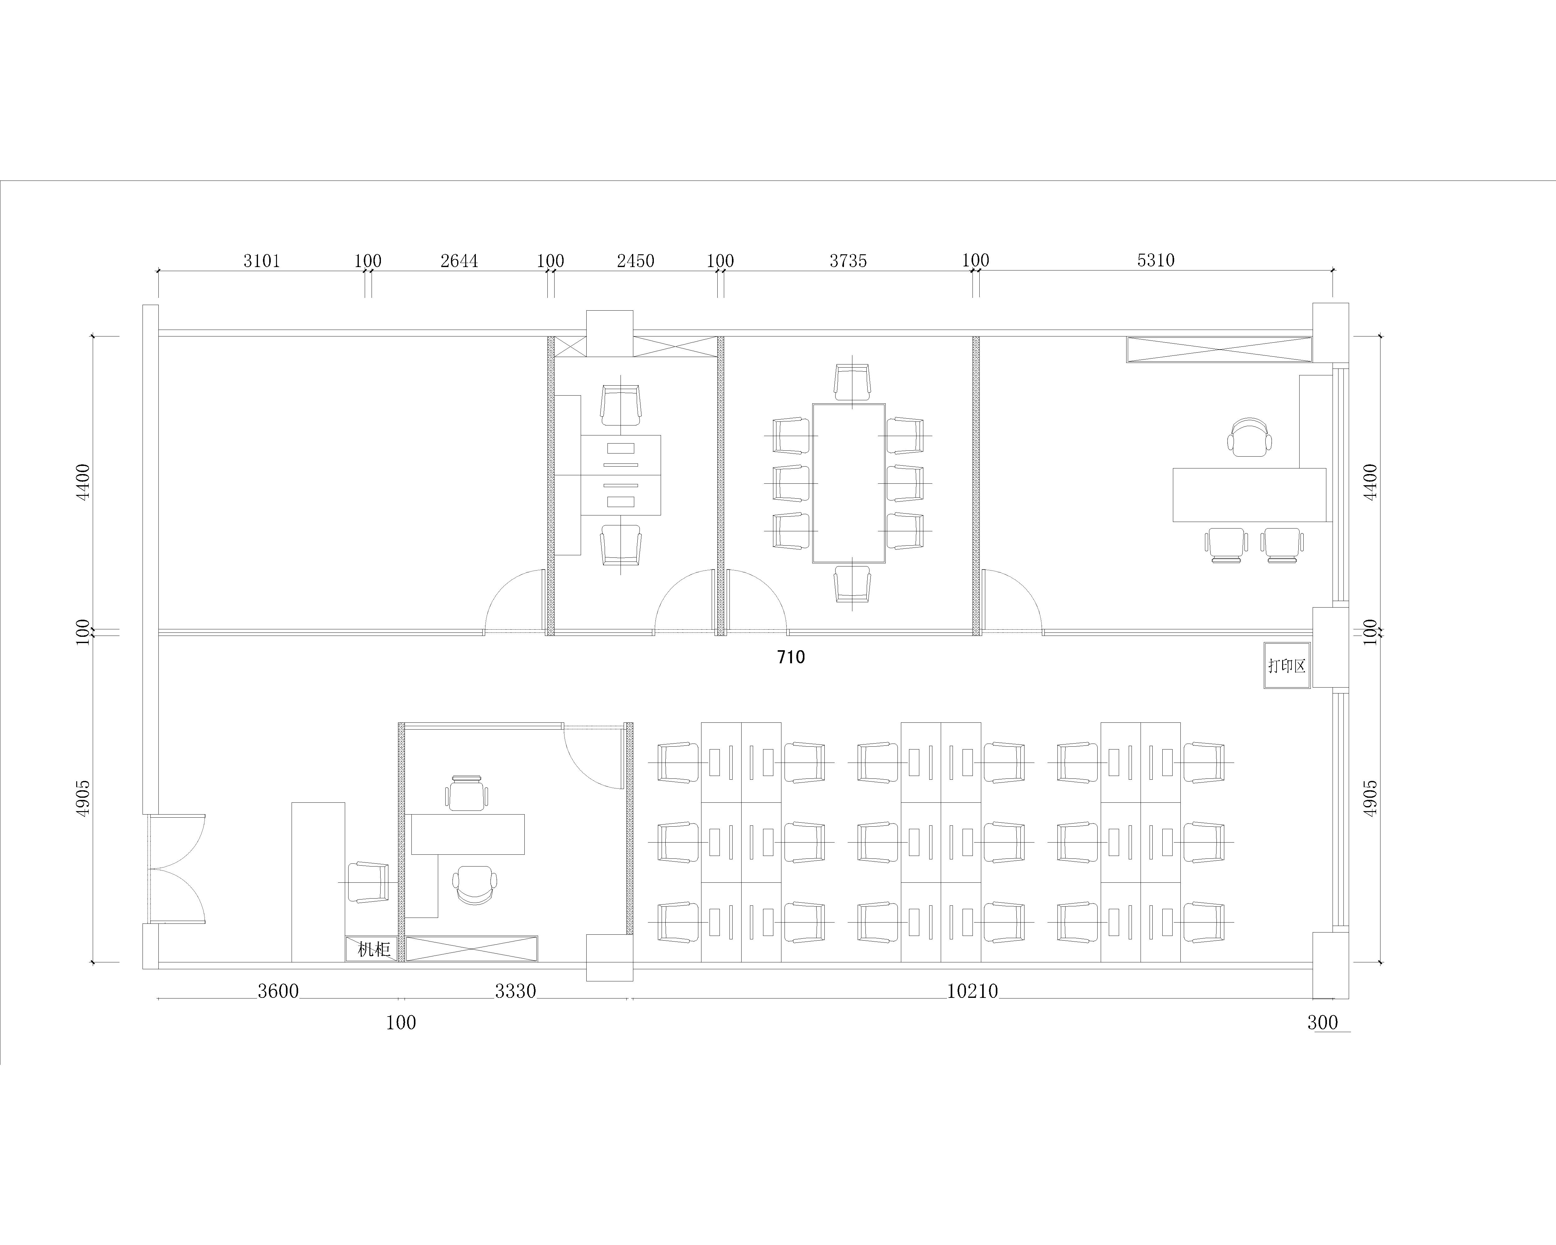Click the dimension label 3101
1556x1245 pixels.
pyautogui.click(x=261, y=261)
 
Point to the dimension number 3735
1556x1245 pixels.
pyautogui.click(x=848, y=261)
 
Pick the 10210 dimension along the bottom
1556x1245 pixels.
pyautogui.click(x=972, y=991)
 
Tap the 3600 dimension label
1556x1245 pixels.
pyautogui.click(x=278, y=991)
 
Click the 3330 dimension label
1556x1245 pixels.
pyautogui.click(x=515, y=991)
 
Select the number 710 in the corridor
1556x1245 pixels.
pyautogui.click(x=791, y=657)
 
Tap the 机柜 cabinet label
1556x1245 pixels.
pyautogui.click(x=374, y=949)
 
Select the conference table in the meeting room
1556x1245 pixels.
pyautogui.click(x=849, y=483)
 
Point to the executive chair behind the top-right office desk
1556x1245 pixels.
pyautogui.click(x=1249, y=437)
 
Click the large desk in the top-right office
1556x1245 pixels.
pyautogui.click(x=1249, y=494)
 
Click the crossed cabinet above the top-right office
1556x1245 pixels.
pyautogui.click(x=1219, y=349)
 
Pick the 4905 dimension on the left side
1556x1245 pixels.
pyautogui.click(x=84, y=797)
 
